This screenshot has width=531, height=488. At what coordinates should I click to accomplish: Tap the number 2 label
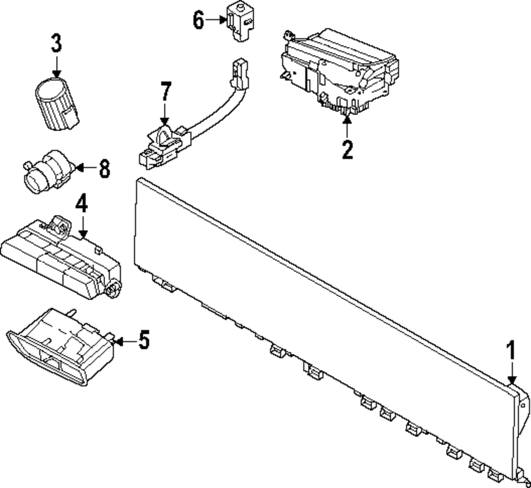coord(347,149)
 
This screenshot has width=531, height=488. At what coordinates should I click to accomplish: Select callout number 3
coord(57,42)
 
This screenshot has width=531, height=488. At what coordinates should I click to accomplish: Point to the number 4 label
coord(82,203)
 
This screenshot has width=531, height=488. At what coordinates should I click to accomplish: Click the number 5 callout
coord(144,340)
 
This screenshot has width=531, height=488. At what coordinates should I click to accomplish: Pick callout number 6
coord(199,20)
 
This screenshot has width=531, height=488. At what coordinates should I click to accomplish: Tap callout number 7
coord(165,91)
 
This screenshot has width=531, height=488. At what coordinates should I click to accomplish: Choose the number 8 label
coord(105,169)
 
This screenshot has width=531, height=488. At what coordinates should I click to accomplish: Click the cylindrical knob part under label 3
coord(57,103)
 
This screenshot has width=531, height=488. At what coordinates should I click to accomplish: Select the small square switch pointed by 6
coord(241,22)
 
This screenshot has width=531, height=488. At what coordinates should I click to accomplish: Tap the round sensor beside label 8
coord(48,171)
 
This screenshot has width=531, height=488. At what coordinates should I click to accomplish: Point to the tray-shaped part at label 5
coord(60,346)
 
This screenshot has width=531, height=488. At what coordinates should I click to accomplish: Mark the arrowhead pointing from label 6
coord(223,20)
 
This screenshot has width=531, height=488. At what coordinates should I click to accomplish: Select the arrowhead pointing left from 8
coord(79,168)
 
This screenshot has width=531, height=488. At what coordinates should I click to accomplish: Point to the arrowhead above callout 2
coord(347,118)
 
